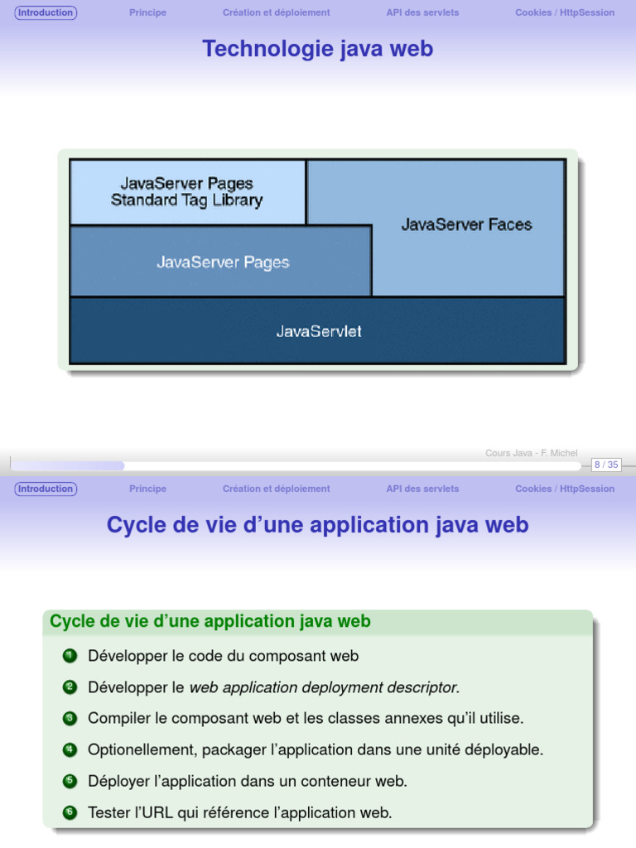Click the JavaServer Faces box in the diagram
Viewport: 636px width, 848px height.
tap(467, 224)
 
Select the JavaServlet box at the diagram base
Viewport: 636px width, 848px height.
tap(318, 331)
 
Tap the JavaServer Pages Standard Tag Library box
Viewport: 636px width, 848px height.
tap(187, 192)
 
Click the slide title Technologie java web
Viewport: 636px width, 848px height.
tap(318, 49)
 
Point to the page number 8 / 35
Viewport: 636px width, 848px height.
tap(606, 465)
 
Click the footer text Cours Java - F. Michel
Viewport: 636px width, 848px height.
tap(531, 453)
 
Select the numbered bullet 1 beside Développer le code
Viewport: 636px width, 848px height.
tap(70, 656)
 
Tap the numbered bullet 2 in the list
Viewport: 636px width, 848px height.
tap(70, 687)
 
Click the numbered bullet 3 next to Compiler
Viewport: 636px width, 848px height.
tap(70, 718)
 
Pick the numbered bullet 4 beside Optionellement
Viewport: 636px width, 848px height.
tap(70, 749)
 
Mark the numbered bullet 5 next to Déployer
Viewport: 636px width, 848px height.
tap(70, 781)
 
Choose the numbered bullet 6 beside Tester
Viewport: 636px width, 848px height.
tap(70, 812)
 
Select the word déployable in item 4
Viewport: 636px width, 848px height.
tap(504, 749)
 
